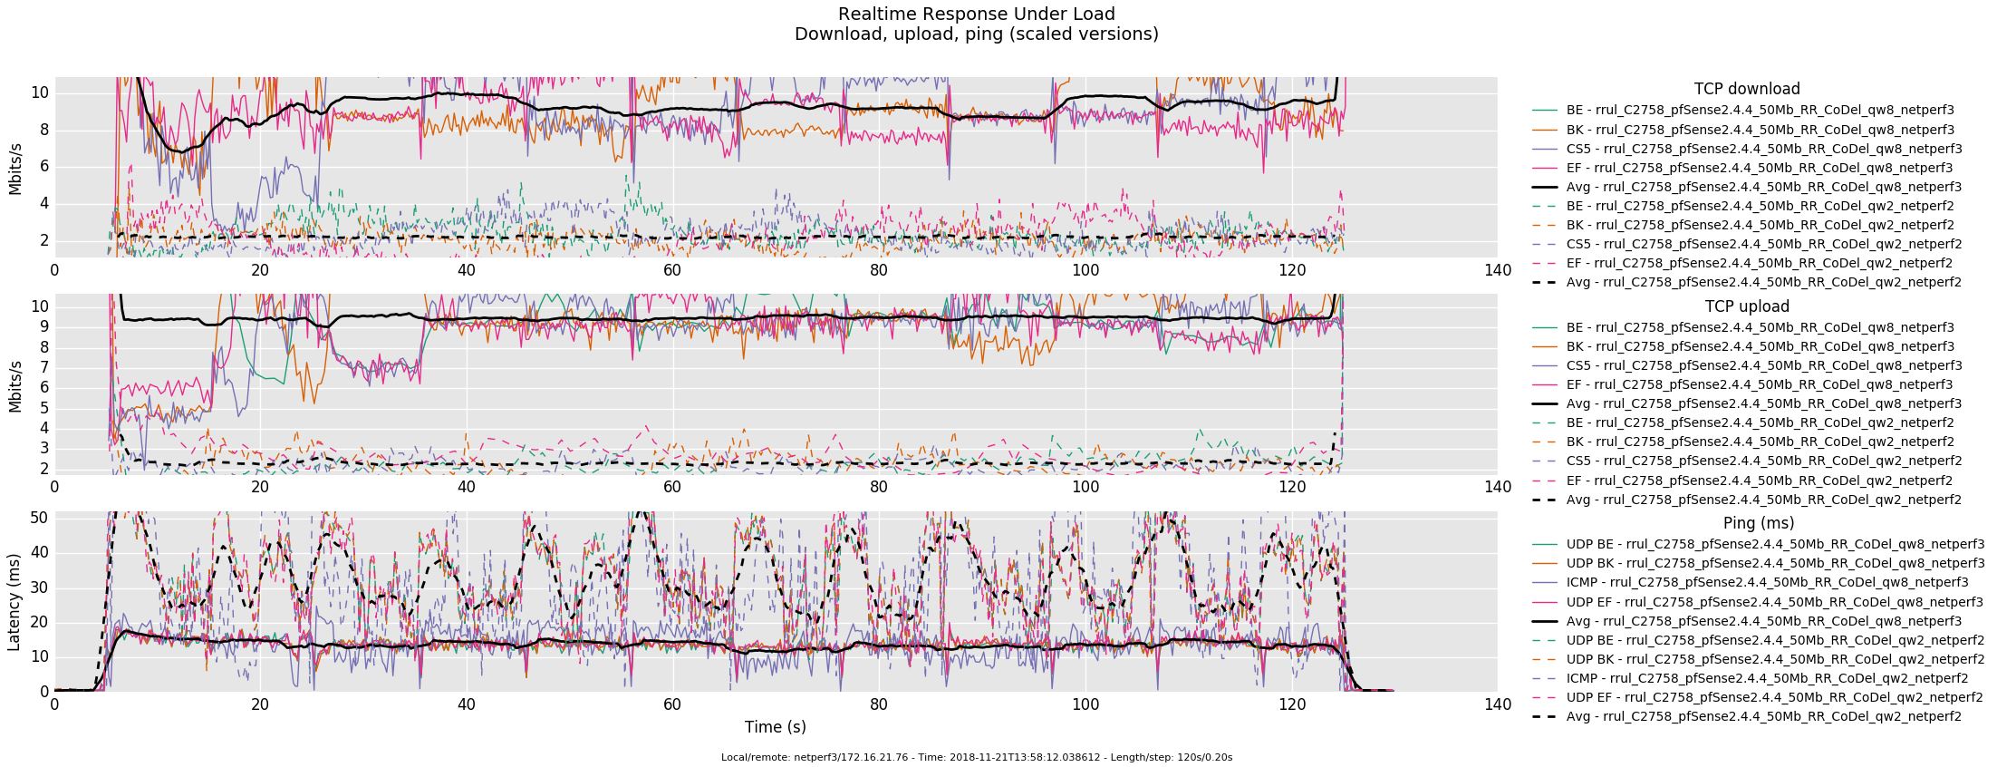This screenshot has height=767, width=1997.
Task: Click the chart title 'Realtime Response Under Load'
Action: (x=976, y=15)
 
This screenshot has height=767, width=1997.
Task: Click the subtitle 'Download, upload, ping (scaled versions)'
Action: (x=976, y=34)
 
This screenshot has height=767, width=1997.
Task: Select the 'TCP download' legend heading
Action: (x=1746, y=89)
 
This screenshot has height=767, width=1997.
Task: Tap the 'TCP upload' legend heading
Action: (x=1746, y=306)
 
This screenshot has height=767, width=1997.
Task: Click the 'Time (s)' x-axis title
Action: (x=775, y=727)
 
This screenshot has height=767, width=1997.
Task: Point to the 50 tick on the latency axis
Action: (x=40, y=518)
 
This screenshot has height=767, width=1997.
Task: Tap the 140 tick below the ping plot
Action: (x=1498, y=704)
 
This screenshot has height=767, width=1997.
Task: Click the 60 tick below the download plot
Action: (x=672, y=270)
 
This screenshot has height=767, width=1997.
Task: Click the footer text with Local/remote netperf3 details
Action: (x=976, y=757)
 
